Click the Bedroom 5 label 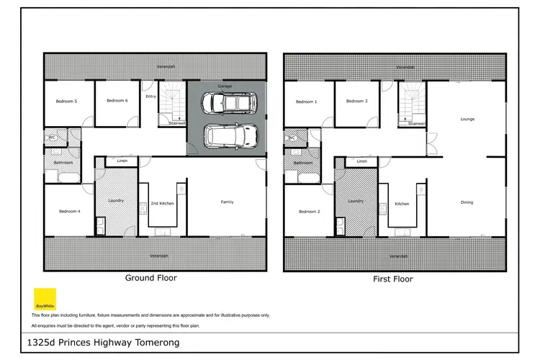[x=66, y=101]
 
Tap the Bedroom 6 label [x=117, y=101]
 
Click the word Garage [x=225, y=86]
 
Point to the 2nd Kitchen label [x=162, y=204]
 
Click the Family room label [x=227, y=202]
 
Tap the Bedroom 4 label [x=69, y=211]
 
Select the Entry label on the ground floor [x=150, y=96]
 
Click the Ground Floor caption [x=151, y=277]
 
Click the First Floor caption [x=393, y=279]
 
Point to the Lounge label [x=467, y=118]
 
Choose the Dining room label [x=467, y=202]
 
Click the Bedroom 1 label [x=306, y=102]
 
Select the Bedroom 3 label [x=356, y=101]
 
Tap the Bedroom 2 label [x=309, y=212]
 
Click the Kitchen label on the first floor [x=402, y=204]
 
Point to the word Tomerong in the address [x=155, y=343]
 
